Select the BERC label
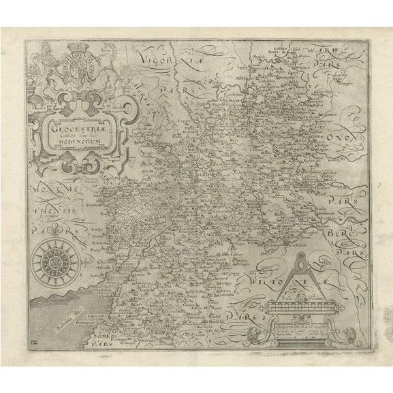[x=353, y=233]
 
